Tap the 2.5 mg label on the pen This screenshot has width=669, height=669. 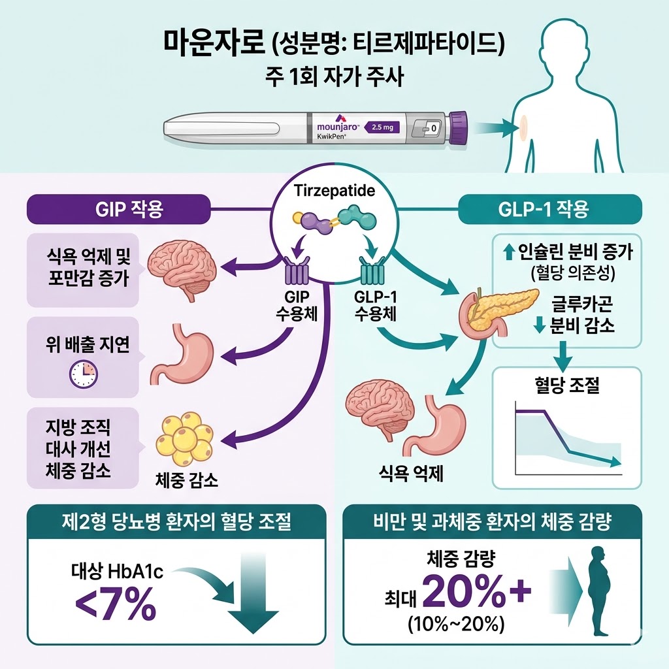pyautogui.click(x=381, y=127)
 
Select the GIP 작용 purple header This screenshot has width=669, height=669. pyautogui.click(x=118, y=210)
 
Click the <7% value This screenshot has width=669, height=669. pyautogui.click(x=116, y=605)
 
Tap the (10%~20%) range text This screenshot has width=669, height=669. pyautogui.click(x=455, y=623)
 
